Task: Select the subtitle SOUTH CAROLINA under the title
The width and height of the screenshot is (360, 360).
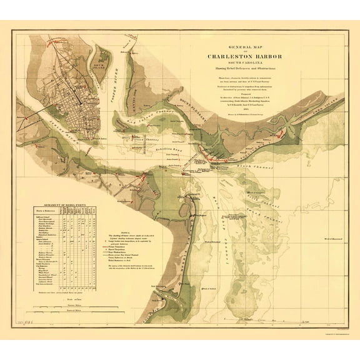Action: point(244,61)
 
